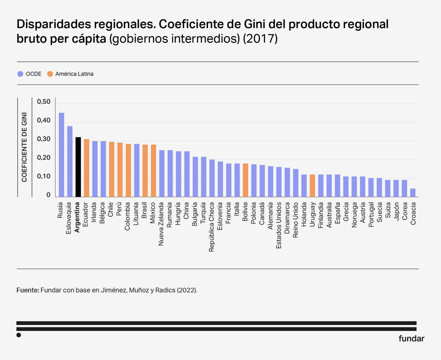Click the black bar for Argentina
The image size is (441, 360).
click(78, 167)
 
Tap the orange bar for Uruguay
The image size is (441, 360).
click(312, 186)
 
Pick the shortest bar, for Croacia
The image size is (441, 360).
click(413, 193)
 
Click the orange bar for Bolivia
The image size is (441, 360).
click(245, 180)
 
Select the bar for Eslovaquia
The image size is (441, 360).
click(70, 161)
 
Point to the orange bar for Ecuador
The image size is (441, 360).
click(86, 168)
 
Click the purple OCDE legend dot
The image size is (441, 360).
click(20, 74)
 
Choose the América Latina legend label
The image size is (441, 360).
click(74, 74)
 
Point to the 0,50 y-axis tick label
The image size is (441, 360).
click(44, 102)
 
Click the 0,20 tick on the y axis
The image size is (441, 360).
click(44, 158)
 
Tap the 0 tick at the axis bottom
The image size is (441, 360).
click(48, 195)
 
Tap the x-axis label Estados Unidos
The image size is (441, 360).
click(279, 224)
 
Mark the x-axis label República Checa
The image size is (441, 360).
click(212, 226)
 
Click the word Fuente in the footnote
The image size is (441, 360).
click(28, 290)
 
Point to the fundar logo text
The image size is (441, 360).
click(411, 339)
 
